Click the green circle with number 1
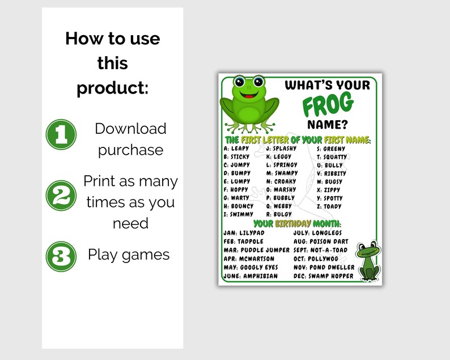pyautogui.click(x=61, y=134)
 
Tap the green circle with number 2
pyautogui.click(x=61, y=195)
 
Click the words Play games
pyautogui.click(x=129, y=255)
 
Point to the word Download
pyautogui.click(x=130, y=129)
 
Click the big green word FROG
pyautogui.click(x=328, y=104)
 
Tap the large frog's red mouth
pyautogui.click(x=250, y=95)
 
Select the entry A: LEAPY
pyautogui.click(x=237, y=149)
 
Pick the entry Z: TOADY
pyautogui.click(x=329, y=206)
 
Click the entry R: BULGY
pyautogui.click(x=279, y=214)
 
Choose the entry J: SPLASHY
pyautogui.click(x=282, y=149)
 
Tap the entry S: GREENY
pyautogui.click(x=330, y=149)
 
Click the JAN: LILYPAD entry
pyautogui.click(x=248, y=233)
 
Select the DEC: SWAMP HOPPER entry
pyautogui.click(x=323, y=276)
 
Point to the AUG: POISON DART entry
pyautogui.click(x=321, y=242)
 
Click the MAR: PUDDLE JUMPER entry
pyautogui.click(x=256, y=250)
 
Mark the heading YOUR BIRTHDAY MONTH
pyautogui.click(x=296, y=223)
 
